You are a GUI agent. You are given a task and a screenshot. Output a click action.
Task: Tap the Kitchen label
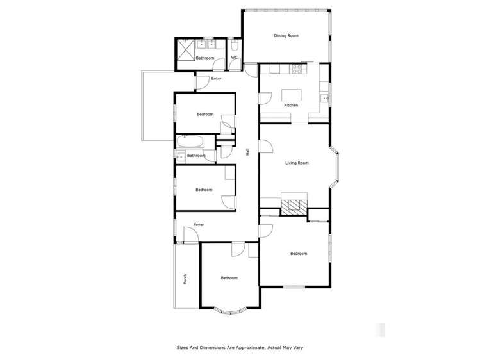pos(291,105)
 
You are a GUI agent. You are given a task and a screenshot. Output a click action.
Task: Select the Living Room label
pos(297,163)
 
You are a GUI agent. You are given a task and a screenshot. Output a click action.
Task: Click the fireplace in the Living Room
pos(294,206)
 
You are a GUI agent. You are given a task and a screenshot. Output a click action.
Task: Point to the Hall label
pos(247,152)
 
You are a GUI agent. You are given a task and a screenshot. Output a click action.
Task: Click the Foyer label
pos(199,225)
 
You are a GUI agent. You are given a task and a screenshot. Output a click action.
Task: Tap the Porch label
pos(185,279)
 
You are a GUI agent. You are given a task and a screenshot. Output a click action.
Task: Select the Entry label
pos(216,79)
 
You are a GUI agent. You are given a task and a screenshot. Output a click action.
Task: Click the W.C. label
pos(235,58)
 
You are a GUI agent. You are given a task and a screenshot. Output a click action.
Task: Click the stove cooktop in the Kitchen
pos(297,68)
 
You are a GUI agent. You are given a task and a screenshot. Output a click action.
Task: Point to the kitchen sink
pos(324,98)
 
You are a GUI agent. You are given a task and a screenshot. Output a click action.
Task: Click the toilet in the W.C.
pos(235,47)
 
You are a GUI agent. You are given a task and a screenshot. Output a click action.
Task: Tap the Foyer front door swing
pos(190,237)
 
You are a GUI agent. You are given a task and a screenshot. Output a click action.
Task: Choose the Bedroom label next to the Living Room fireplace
pos(299,254)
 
